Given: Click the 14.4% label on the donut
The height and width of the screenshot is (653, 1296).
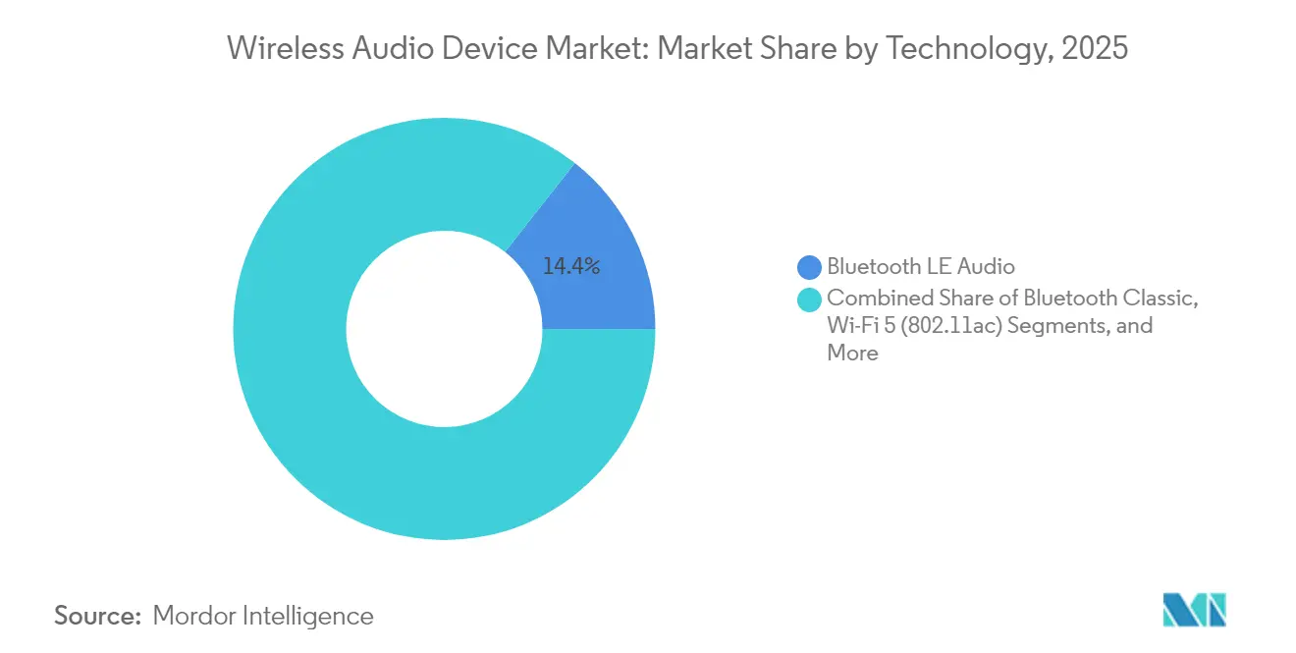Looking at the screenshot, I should (571, 265).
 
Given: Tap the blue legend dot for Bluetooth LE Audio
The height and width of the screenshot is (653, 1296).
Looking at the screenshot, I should (809, 266).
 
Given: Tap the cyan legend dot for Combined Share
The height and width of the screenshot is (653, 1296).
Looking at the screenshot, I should (809, 299).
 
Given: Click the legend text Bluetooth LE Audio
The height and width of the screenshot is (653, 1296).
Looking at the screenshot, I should (920, 266).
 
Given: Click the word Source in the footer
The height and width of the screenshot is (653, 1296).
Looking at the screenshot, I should (96, 616).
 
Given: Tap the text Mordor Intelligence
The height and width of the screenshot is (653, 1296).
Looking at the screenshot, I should (263, 616).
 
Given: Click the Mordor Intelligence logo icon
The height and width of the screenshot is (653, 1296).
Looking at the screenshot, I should (1194, 610).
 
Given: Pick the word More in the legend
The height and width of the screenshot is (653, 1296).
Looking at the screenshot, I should (852, 353).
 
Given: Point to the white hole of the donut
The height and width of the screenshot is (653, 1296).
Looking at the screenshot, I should (444, 329).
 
